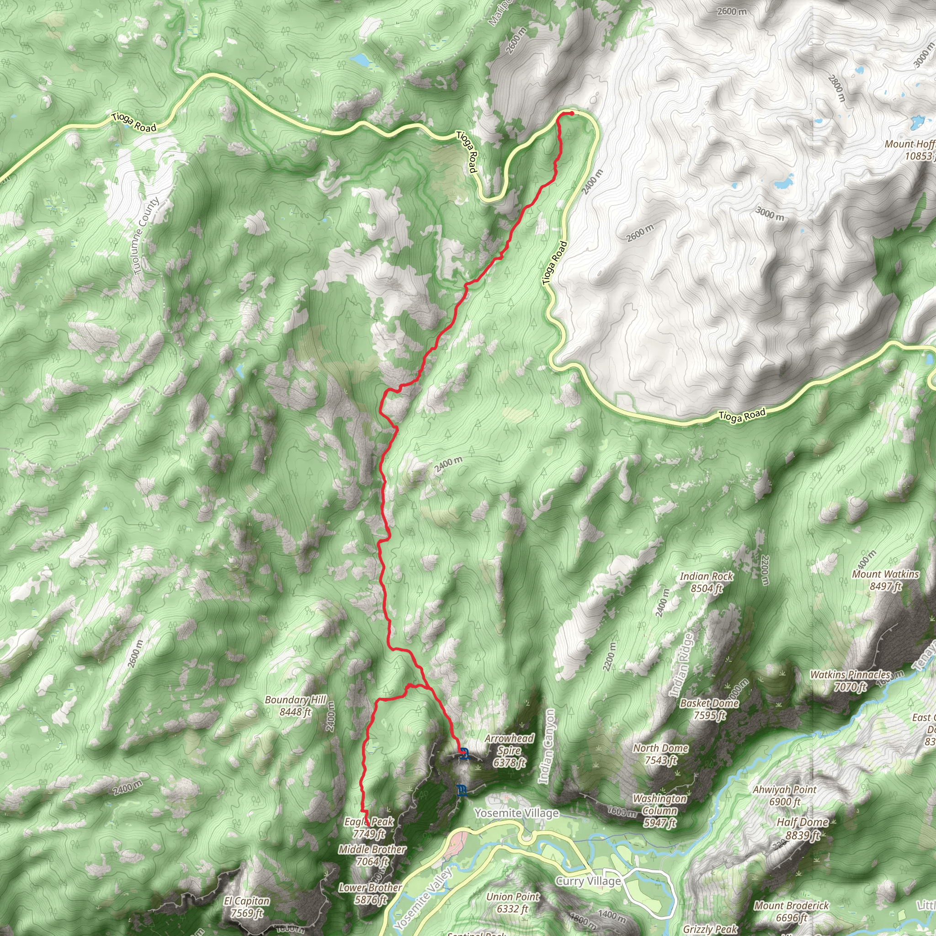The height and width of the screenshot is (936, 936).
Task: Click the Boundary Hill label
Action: [x=296, y=706]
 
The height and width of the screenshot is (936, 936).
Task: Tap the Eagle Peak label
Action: [x=369, y=828]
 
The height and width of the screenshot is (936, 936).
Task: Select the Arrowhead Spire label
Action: [x=509, y=750]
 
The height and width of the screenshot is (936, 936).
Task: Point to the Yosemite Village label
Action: [x=516, y=813]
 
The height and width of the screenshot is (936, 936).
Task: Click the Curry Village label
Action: [x=588, y=880]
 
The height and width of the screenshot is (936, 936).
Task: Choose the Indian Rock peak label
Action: [x=707, y=582]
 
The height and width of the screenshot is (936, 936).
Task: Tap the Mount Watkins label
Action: [x=885, y=580]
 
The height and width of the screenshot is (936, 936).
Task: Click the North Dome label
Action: [x=660, y=754]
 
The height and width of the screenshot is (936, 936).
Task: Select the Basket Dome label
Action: [x=709, y=709]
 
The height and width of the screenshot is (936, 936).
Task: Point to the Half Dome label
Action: [x=802, y=829]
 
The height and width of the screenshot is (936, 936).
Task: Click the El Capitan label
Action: [x=247, y=907]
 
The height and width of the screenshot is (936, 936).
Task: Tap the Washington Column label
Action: [x=660, y=810]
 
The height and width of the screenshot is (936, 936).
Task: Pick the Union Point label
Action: [x=513, y=903]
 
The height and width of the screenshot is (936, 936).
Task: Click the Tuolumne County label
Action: [x=146, y=236]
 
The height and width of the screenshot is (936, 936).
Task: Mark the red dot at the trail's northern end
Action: [x=572, y=113]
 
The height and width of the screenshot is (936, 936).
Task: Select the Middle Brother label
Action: [x=372, y=855]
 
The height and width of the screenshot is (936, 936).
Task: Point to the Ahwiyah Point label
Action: [x=784, y=796]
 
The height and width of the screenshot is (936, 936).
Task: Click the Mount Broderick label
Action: [x=792, y=911]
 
